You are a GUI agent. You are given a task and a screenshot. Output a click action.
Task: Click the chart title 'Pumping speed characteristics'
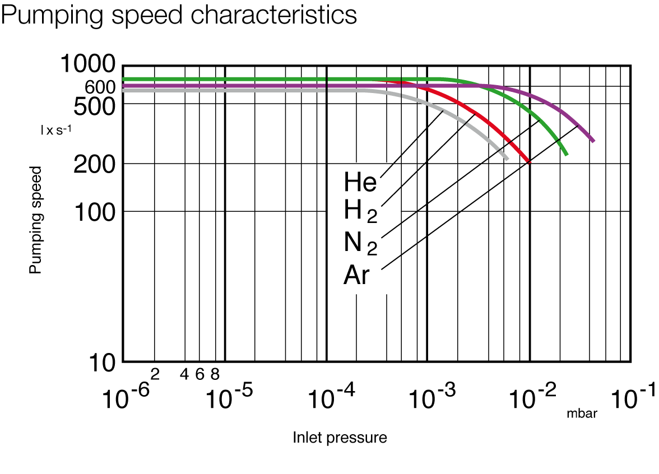tap(179, 15)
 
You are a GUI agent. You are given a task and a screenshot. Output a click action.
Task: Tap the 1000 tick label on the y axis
tap(87, 65)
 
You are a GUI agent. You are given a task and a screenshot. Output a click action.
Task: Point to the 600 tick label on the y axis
tap(100, 87)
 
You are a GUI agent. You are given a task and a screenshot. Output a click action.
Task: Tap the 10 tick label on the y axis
tap(103, 363)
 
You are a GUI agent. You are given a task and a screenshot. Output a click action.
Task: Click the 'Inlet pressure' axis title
tap(340, 438)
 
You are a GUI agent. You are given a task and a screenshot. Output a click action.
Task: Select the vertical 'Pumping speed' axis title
tap(36, 220)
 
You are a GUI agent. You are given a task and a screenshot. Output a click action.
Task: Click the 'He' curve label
tap(360, 182)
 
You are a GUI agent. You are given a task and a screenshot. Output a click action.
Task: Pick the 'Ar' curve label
tap(356, 276)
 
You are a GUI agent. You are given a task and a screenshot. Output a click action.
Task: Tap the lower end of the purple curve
tap(593, 141)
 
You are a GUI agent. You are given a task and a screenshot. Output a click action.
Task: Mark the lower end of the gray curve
tap(507, 159)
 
